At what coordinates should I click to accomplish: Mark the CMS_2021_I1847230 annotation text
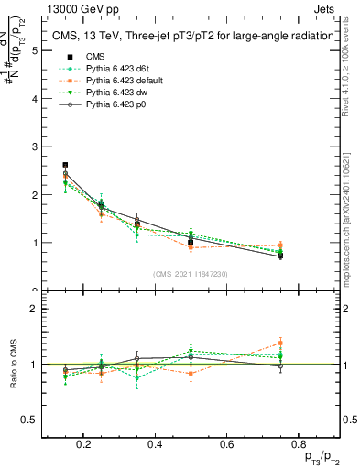(x=191, y=273)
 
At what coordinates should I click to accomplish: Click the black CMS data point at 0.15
(x=65, y=165)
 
